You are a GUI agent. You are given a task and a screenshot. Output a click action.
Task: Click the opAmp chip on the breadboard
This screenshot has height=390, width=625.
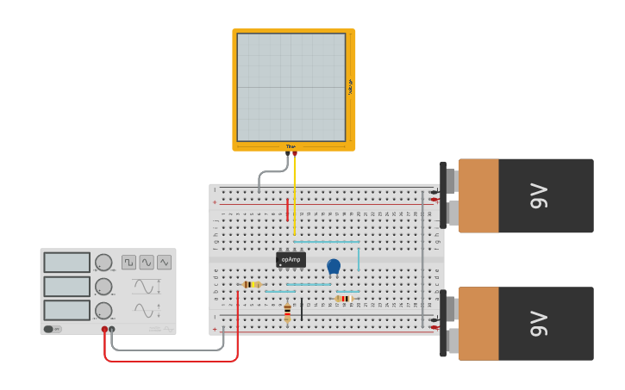click(x=291, y=259)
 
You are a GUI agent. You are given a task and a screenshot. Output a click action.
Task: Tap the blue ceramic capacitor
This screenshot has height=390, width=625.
click(x=334, y=266)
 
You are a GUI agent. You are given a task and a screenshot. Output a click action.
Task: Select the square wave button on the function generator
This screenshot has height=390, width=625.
click(x=128, y=262)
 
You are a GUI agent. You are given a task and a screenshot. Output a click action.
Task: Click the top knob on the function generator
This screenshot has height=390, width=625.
click(x=103, y=263)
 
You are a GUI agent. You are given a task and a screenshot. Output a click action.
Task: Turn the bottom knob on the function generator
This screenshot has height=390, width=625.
click(x=103, y=310)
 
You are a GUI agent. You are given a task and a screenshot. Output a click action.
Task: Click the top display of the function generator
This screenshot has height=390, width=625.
click(x=66, y=263)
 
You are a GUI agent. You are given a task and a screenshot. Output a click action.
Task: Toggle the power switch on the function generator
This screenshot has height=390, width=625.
click(x=53, y=329)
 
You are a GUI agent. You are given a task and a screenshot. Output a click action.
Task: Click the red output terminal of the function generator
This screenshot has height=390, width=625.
click(x=104, y=329)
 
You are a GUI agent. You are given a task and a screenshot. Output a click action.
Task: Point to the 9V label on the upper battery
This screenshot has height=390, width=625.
click(x=539, y=195)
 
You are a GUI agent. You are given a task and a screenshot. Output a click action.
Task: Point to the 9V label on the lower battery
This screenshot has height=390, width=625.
click(x=539, y=324)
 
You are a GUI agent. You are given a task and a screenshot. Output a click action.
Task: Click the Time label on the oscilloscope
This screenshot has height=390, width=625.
click(x=291, y=146)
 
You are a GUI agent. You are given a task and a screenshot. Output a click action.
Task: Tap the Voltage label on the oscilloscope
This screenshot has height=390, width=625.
click(x=350, y=87)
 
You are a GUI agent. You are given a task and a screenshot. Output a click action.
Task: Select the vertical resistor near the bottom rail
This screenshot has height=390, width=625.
click(x=287, y=313)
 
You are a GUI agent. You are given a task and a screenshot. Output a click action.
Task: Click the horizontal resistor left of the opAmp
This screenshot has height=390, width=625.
click(x=250, y=284)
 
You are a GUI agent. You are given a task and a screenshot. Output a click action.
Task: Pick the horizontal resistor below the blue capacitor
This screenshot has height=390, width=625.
click(x=343, y=299)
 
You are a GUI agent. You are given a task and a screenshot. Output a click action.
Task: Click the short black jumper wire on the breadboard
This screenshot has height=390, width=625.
click(x=302, y=309)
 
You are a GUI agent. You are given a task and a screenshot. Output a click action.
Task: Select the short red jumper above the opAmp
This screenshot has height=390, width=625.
click(x=287, y=209)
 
